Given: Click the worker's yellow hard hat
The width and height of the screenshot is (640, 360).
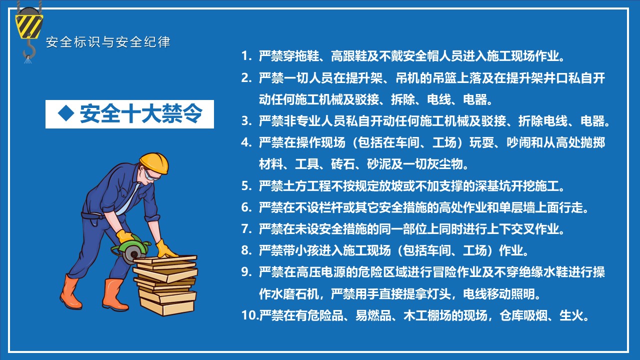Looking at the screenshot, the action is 154,163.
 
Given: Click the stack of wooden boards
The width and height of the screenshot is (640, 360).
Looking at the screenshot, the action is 165,285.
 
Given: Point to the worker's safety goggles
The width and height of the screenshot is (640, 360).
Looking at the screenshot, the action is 151,175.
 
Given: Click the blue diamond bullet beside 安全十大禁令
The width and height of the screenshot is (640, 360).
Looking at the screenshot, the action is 66,113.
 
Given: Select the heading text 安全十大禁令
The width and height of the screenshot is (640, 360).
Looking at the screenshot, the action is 141,113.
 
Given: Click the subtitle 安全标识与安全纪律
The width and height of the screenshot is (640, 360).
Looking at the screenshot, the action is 108,42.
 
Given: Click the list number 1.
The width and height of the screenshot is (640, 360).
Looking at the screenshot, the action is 245,56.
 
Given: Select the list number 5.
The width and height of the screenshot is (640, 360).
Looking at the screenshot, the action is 246,186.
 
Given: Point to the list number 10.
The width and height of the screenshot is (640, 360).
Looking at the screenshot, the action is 249,315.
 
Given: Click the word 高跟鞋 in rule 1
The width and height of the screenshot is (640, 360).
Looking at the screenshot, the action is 349,56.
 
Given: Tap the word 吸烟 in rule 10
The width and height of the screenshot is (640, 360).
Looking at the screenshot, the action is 535,315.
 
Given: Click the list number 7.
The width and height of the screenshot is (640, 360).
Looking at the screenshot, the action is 246,229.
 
